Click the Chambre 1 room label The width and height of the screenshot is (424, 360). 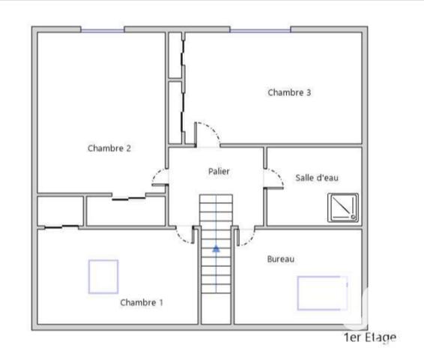142,302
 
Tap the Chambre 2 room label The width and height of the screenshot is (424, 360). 109,148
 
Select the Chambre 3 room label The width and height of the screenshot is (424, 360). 289,93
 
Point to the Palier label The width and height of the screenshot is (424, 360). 219,172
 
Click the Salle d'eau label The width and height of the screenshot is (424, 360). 318,178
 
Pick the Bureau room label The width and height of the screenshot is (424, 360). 281,259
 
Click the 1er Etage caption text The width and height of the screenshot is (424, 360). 369,337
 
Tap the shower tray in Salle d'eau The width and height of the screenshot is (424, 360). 343,208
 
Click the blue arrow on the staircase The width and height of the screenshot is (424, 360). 216,248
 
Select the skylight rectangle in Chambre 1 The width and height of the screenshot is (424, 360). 103,276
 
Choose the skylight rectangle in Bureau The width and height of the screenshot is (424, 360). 322,292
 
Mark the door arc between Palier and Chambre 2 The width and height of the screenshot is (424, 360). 160,178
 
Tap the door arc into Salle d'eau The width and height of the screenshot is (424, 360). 274,178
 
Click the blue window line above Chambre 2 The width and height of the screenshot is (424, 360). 103,31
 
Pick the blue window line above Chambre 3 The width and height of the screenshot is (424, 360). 260,31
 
